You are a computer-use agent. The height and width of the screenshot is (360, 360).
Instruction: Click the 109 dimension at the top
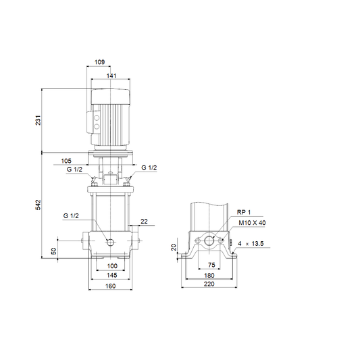click(x=100, y=62)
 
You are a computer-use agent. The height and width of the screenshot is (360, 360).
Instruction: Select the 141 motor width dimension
click(x=111, y=76)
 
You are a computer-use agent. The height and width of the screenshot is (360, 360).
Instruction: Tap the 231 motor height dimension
click(x=38, y=120)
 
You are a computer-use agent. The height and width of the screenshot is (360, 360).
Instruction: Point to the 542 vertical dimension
click(x=38, y=205)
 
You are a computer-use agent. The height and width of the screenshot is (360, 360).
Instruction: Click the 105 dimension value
click(x=66, y=161)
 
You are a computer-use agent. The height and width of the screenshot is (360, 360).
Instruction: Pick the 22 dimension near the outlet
click(x=144, y=222)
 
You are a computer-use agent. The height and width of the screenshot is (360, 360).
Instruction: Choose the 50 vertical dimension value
click(x=54, y=251)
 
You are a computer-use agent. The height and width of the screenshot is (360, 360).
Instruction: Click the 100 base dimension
click(x=112, y=266)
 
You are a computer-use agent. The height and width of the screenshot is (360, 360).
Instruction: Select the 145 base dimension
click(x=112, y=275)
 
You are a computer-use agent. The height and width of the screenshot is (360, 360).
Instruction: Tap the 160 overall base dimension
click(x=111, y=286)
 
